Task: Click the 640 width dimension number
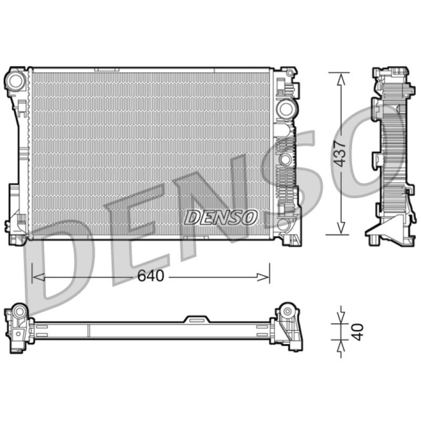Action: (151, 276)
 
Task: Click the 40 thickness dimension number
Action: (357, 332)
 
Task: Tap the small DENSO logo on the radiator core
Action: (220, 217)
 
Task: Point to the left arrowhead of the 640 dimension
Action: (38, 277)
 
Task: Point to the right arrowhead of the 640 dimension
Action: (263, 277)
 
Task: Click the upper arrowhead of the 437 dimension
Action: (341, 79)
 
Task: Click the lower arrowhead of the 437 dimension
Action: (340, 228)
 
